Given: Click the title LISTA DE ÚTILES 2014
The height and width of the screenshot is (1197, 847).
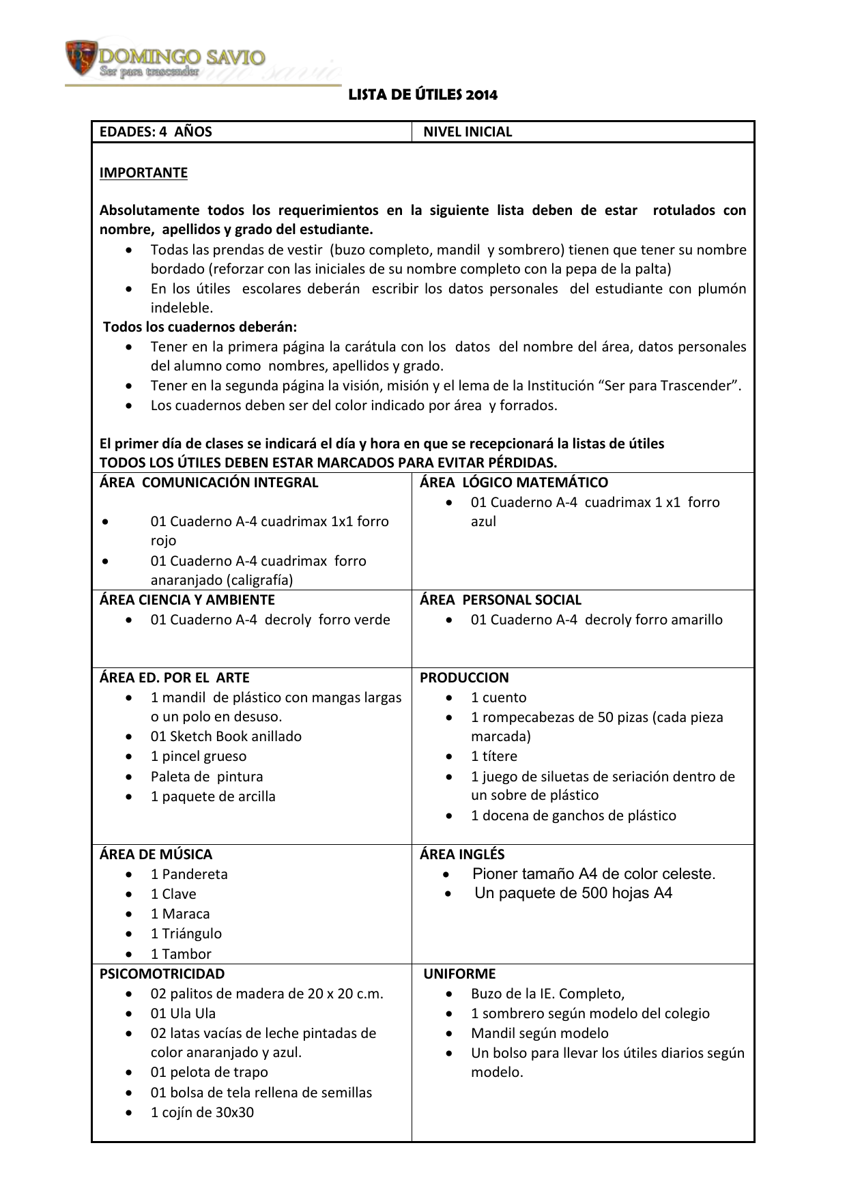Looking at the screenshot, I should click(422, 95).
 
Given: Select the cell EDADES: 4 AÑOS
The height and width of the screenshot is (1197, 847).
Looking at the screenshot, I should click(156, 132).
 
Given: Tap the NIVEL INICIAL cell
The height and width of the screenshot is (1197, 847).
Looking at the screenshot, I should click(468, 132).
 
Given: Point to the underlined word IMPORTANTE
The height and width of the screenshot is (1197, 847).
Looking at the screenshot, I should click(143, 173).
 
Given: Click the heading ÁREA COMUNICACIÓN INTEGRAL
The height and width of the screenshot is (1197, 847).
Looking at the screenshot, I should click(209, 482).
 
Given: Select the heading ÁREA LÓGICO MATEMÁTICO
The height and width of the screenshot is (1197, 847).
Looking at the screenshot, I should click(513, 482).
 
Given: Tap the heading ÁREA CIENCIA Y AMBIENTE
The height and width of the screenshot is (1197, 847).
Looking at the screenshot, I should click(187, 600).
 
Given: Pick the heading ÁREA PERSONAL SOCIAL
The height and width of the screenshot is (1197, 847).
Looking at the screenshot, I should click(500, 600).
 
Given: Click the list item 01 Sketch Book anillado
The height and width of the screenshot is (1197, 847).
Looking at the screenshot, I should click(226, 736).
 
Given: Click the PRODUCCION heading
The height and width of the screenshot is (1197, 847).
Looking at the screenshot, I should click(464, 678).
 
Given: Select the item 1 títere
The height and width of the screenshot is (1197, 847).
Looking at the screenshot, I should click(494, 756).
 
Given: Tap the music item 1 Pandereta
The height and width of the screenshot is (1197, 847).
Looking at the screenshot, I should click(189, 874).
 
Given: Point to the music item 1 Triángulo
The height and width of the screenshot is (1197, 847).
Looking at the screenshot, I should click(186, 934).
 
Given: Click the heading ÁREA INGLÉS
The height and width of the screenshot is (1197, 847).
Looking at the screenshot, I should click(462, 854).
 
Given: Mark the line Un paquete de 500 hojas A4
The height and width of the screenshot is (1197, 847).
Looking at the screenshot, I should click(573, 893).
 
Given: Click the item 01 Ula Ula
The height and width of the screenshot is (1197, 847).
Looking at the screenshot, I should click(183, 1013).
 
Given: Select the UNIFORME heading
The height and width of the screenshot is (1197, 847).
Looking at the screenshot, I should click(459, 974).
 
